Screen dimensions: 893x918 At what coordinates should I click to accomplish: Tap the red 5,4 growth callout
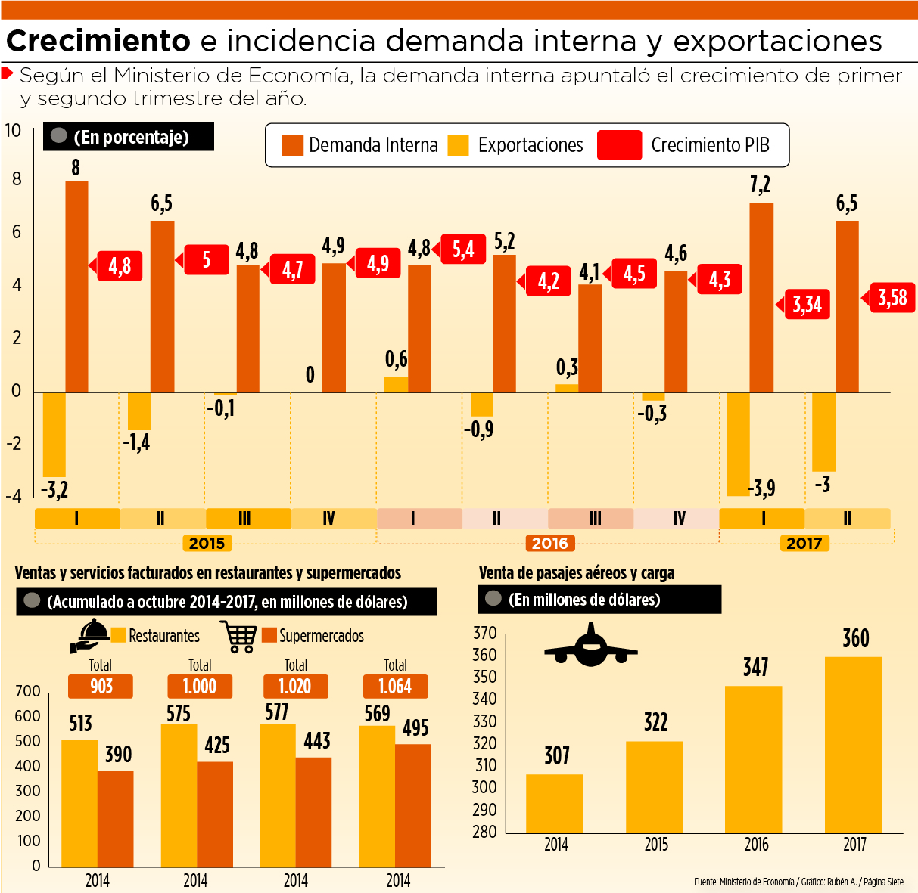463,250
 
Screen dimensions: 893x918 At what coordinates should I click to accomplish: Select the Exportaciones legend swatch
458,145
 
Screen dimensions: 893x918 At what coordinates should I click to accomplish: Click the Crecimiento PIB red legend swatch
619,145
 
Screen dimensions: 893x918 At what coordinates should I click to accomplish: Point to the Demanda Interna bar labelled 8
76,287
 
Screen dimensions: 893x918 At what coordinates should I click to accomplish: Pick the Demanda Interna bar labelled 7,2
761,297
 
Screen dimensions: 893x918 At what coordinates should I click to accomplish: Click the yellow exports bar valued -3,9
737,444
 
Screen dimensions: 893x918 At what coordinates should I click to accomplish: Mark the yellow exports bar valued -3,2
54,434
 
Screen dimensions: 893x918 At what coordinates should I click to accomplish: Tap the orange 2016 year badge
549,543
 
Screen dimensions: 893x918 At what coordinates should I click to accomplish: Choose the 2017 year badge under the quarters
804,543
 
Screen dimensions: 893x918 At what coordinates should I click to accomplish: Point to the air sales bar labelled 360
853,745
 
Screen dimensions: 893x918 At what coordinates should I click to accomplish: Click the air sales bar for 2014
555,803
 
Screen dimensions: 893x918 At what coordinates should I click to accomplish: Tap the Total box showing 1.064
395,687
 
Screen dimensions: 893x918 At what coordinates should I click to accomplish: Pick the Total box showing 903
101,687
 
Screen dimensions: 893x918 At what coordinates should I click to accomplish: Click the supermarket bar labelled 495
412,805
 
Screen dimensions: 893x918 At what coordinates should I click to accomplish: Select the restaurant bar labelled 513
79,803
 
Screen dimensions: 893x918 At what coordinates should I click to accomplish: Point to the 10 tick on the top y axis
13,130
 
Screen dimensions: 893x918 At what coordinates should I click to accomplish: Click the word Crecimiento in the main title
98,41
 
